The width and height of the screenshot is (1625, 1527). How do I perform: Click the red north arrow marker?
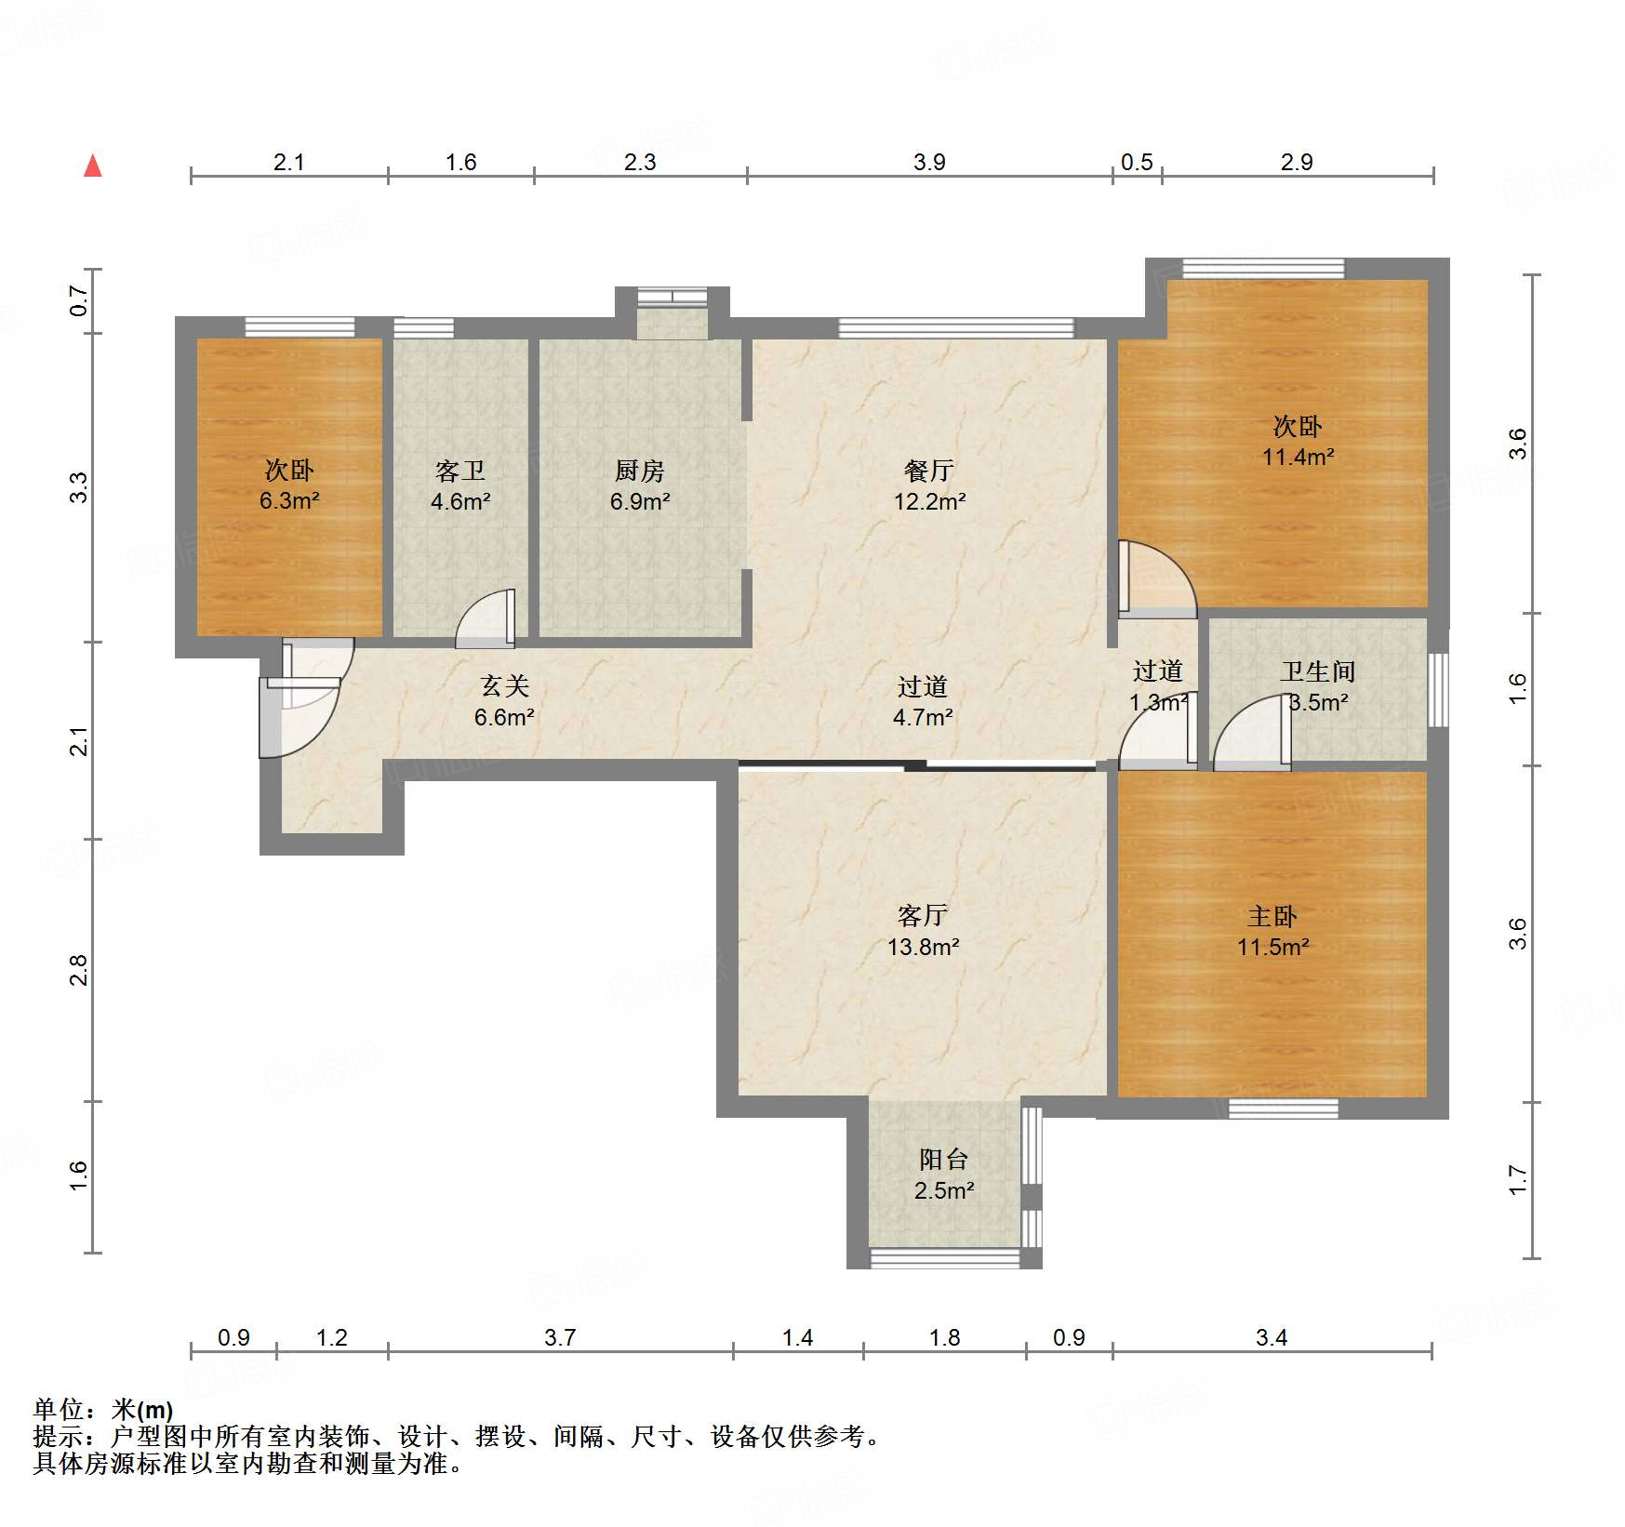93,166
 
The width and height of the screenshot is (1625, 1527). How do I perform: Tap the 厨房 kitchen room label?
640,471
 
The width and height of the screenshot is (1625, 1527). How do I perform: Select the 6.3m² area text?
289,501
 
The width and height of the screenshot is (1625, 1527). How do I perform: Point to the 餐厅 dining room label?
929,471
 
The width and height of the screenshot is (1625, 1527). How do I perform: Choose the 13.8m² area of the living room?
923,947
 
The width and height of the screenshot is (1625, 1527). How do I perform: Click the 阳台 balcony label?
944,1159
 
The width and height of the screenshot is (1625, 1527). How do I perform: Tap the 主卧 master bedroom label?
1272,917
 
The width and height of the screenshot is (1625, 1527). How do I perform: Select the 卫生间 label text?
1317,671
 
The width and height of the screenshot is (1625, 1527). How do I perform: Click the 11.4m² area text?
1298,457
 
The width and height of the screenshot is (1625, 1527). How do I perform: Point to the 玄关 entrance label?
505,686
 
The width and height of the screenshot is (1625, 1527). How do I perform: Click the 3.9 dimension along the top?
928,163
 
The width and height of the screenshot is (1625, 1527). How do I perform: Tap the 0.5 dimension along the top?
1137,163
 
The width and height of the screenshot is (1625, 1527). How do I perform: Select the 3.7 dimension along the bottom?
560,1338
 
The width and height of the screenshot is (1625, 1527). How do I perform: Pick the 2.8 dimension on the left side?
80,970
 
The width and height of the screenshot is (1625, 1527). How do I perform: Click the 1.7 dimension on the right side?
1518,1180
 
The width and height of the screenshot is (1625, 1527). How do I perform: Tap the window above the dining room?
955,327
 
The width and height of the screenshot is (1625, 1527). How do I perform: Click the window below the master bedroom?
1284,1109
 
